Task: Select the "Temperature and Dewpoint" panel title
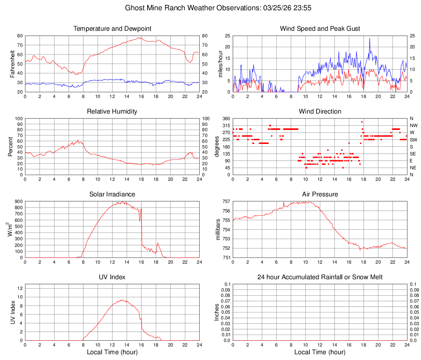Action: coord(112,29)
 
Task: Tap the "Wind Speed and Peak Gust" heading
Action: coord(320,29)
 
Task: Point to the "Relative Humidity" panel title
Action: coord(112,112)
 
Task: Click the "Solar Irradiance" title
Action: coord(112,194)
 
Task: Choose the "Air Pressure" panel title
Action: coord(320,194)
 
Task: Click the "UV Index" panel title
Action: coord(112,277)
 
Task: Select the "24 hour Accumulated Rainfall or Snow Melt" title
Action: coord(320,277)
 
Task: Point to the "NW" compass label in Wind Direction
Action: coord(414,125)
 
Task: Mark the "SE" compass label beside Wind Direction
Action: coord(413,154)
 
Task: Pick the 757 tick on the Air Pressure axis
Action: coord(225,201)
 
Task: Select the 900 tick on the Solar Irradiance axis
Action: coord(18,201)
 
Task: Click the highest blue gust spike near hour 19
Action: coord(369,39)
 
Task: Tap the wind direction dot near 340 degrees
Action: coord(362,122)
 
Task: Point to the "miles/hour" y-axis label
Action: coord(221,64)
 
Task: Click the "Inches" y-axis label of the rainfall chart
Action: coord(217,312)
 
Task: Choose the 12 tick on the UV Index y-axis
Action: coord(20,288)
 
